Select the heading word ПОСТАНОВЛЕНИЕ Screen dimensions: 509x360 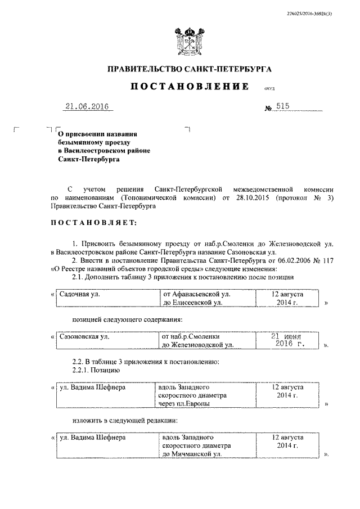(190, 87)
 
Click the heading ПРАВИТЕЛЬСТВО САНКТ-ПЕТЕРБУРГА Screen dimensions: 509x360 (190, 69)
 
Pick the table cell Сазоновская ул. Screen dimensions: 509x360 (84, 337)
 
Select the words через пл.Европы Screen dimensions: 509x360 (184, 404)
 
